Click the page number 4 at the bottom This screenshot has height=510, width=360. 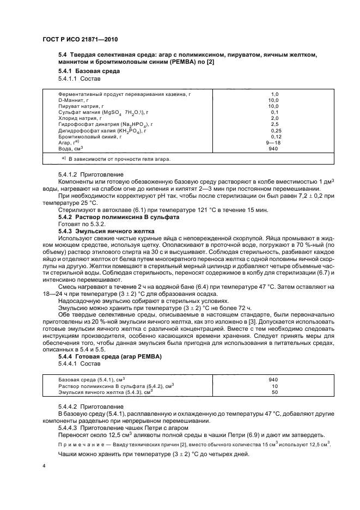[x=44, y=466]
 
